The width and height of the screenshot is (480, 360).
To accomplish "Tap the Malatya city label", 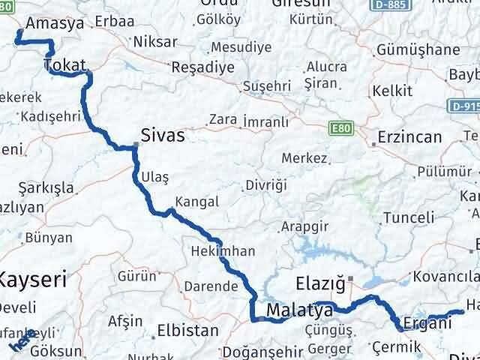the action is pos(299,310).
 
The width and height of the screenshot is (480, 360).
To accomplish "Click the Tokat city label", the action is pos(64,66).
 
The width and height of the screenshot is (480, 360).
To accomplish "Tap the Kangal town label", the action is pos(196,202).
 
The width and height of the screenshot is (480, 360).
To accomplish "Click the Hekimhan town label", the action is pos(223,251).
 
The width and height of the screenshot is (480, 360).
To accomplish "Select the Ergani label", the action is pos(427,324).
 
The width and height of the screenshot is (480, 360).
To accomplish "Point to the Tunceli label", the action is pos(409,217).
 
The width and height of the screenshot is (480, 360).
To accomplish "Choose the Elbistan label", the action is pos(181,329).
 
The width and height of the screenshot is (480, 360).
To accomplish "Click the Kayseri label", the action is pos(32,281).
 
